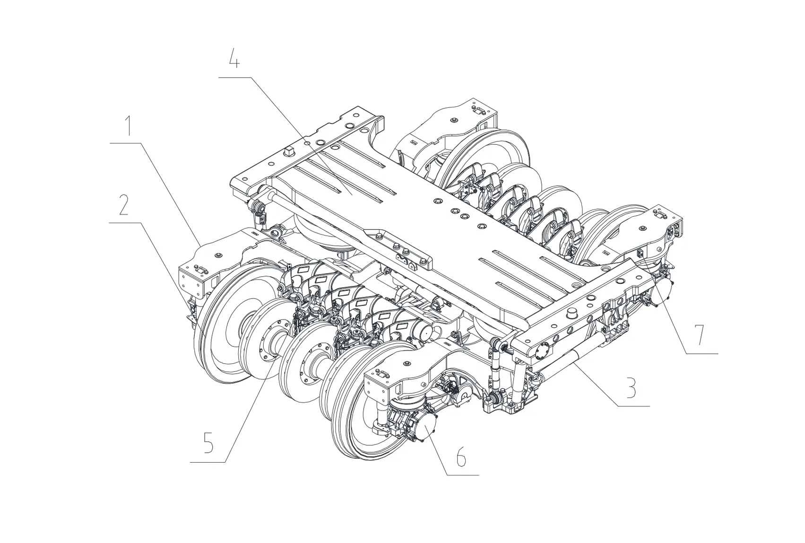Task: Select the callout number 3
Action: (632, 387)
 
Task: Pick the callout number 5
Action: (208, 442)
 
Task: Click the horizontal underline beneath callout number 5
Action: (208, 462)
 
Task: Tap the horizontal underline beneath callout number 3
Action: (632, 406)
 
